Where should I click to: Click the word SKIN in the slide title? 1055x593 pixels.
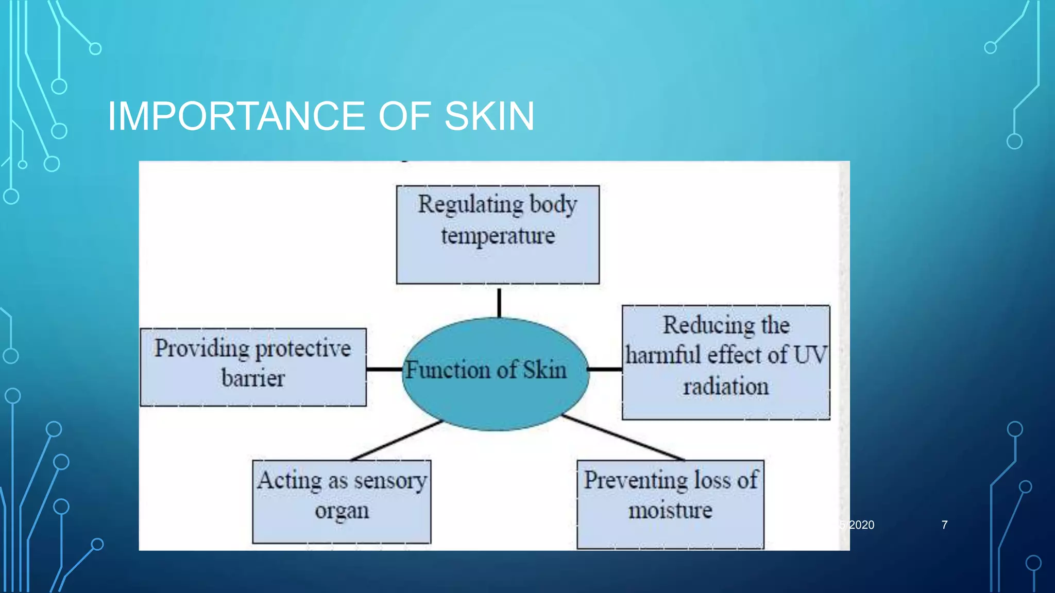(489, 116)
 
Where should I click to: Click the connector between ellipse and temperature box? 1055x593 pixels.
(499, 303)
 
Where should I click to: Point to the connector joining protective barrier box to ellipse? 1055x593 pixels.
(384, 369)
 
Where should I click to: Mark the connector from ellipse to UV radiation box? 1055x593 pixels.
(605, 369)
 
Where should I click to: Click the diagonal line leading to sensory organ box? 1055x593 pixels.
(397, 440)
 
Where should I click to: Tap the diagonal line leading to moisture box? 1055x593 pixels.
(623, 438)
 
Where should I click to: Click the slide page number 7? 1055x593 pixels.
(944, 525)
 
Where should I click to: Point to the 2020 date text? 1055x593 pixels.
(861, 525)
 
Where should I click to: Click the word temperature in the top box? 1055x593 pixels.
(498, 236)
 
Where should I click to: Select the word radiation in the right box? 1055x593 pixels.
(726, 387)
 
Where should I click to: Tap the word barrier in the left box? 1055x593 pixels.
(253, 378)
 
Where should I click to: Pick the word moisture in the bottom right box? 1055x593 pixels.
(670, 511)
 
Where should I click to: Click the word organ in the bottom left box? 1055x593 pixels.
(342, 511)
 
